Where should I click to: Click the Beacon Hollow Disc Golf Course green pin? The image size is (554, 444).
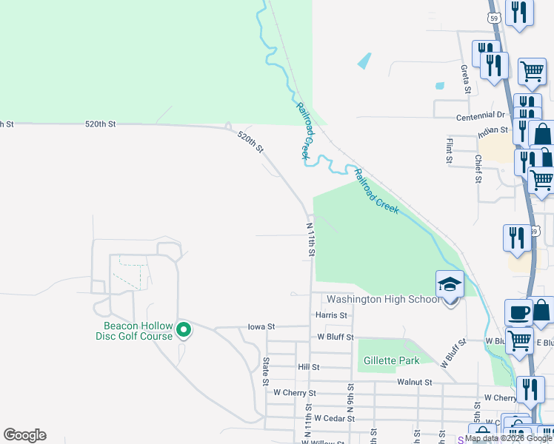click(183, 330)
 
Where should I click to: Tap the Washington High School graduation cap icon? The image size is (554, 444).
click(449, 284)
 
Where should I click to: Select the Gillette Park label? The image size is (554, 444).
click(391, 361)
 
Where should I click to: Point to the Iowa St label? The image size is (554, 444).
click(261, 326)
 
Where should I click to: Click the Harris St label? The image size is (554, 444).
click(331, 315)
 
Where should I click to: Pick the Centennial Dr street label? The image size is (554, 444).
click(480, 115)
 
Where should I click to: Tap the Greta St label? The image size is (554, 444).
click(466, 79)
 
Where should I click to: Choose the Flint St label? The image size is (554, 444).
click(449, 149)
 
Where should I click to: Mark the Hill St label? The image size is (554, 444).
click(308, 367)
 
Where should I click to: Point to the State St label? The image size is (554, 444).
click(265, 371)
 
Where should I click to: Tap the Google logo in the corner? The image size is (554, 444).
click(24, 435)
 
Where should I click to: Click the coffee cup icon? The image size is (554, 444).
click(518, 312)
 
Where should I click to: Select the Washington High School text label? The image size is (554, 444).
click(383, 300)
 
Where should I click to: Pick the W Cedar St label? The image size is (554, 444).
click(335, 418)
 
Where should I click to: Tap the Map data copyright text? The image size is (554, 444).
click(508, 439)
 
